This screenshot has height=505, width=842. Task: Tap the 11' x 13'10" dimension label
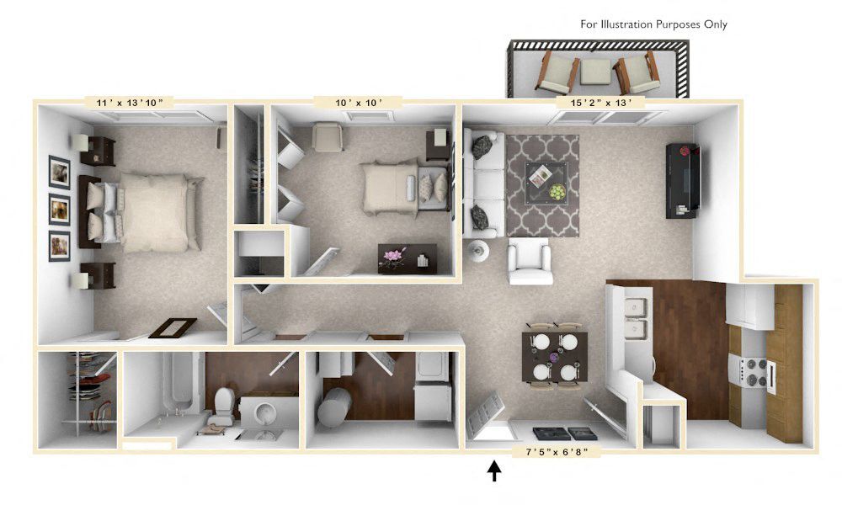pos(130,103)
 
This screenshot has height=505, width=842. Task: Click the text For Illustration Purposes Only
pos(653,24)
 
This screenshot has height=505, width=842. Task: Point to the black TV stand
pos(682,180)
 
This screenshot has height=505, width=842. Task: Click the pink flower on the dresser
pos(394,255)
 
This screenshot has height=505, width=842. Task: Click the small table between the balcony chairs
pos(597,72)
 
